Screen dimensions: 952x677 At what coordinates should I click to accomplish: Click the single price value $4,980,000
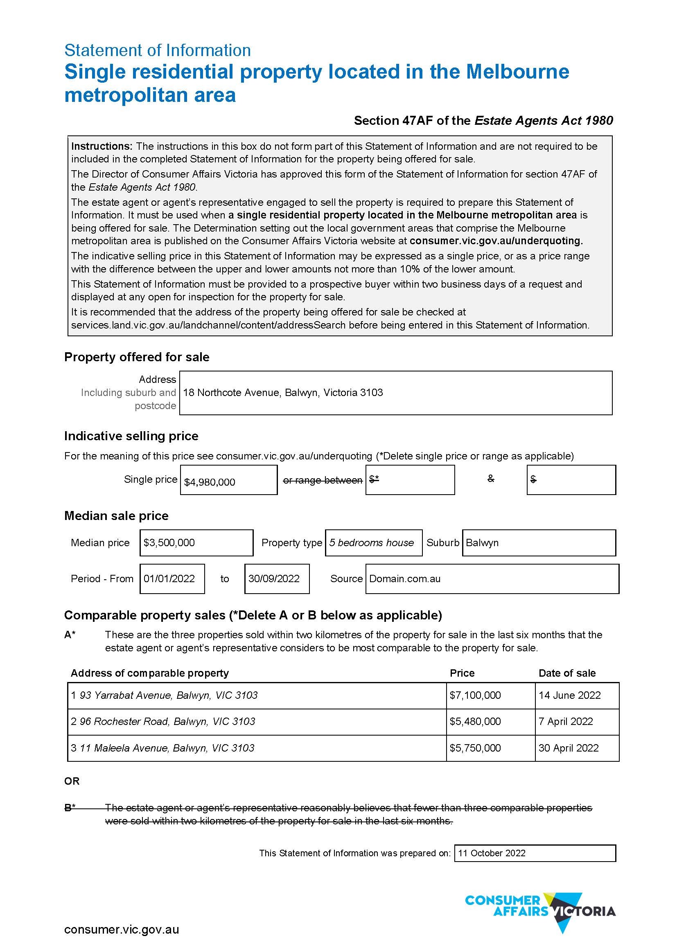coord(210,482)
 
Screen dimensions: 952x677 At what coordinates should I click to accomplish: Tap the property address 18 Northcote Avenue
coord(283,392)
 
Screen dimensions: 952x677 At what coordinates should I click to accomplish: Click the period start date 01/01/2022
coord(169,578)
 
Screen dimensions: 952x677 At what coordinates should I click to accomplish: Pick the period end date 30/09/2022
coord(274,578)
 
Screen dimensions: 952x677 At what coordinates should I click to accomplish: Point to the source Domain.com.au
coord(405,578)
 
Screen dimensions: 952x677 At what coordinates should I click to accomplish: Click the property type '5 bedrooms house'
coord(371,542)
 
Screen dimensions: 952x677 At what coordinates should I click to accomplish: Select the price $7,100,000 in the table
coord(475,695)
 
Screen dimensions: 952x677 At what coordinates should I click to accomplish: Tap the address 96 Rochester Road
coord(167,721)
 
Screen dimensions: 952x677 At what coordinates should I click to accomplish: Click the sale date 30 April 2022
coord(568,747)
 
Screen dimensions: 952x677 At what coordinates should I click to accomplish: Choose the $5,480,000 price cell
coord(475,721)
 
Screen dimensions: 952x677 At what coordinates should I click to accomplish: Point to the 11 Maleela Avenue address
coord(166,747)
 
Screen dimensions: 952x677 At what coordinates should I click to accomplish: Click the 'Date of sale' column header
coord(567,673)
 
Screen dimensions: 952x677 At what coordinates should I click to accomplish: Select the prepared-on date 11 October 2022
coord(492,853)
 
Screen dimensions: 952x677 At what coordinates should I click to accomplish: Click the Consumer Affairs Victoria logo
coord(540,911)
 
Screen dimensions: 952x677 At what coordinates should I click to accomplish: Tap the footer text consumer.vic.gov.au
coord(122,929)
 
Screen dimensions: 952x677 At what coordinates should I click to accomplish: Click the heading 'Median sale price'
coord(116,516)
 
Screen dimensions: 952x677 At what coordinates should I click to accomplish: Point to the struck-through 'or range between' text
coord(323,480)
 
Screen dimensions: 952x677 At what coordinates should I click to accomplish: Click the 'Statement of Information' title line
coord(158,50)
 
